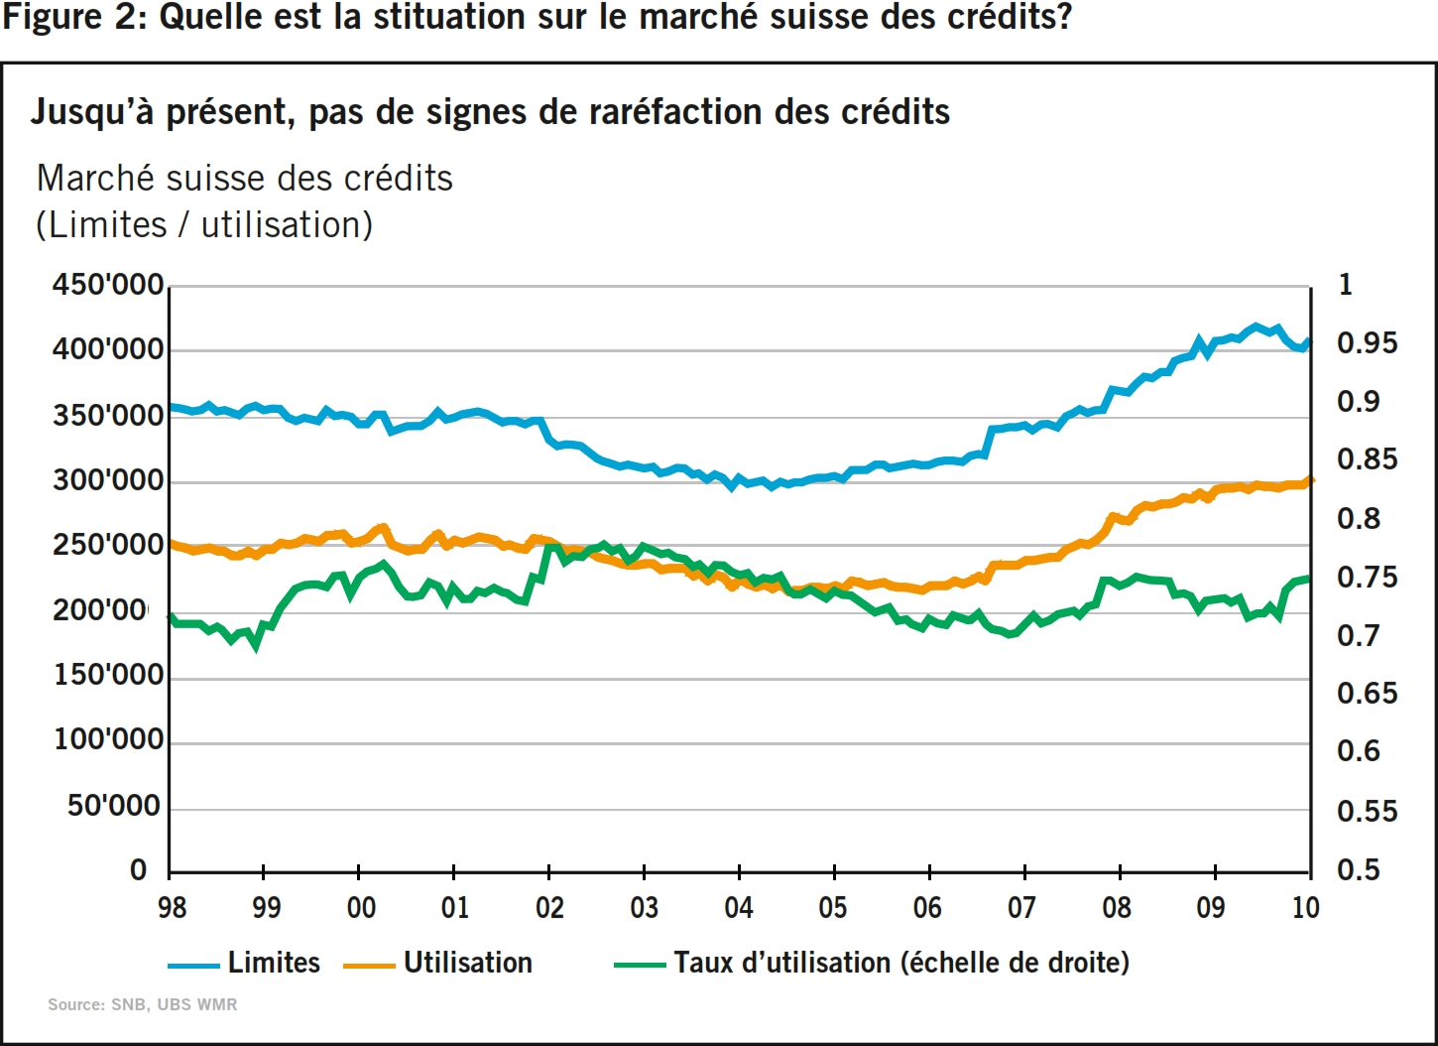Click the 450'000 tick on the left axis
[108, 285]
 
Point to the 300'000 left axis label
[108, 480]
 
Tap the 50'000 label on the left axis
[114, 805]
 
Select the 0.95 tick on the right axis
[1367, 343]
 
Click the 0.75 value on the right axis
[1367, 578]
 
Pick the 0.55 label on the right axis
[1367, 812]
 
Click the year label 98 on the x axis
[172, 907]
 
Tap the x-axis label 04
[739, 907]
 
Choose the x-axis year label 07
[1022, 907]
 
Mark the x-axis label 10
[1306, 907]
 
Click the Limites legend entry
[274, 963]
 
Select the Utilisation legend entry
[467, 963]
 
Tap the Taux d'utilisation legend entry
[900, 963]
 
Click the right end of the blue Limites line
[1308, 343]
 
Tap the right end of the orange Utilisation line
[1310, 481]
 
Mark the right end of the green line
[1308, 579]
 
